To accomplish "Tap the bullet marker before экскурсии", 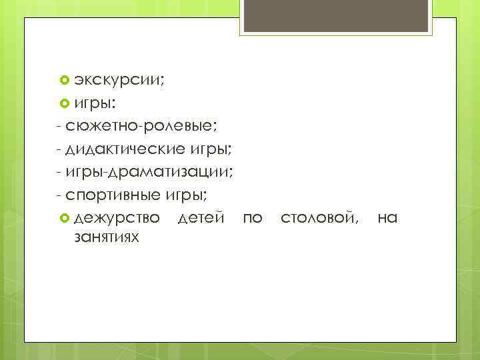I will [x=65, y=80].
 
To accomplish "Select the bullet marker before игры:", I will [x=65, y=103].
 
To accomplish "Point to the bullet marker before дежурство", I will [x=65, y=218].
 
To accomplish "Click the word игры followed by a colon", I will [x=95, y=103].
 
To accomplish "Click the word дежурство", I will [x=117, y=218].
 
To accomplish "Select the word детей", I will [x=201, y=218].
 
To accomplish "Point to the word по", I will [x=253, y=218].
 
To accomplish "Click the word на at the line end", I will [x=387, y=218].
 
